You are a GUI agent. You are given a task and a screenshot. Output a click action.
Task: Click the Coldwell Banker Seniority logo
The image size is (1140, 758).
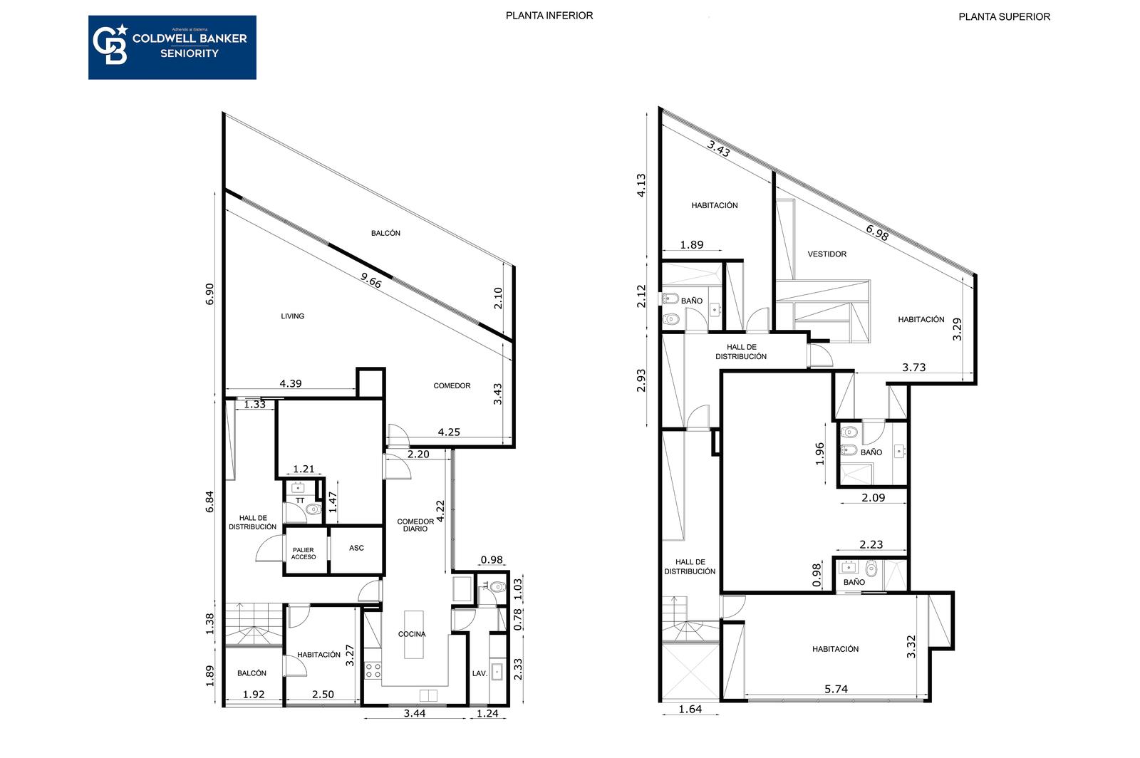172,47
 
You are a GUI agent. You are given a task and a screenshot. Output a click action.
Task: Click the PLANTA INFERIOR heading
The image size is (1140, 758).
549,16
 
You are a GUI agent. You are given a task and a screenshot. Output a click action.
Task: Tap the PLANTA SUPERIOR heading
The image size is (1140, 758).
1004,17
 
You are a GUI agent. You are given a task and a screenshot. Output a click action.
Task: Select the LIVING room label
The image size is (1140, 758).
293,316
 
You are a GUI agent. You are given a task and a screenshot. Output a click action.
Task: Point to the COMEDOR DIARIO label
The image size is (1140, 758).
415,525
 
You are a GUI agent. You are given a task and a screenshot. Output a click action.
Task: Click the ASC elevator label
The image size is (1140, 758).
356,548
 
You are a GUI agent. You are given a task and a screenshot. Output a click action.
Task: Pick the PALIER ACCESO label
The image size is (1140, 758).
304,554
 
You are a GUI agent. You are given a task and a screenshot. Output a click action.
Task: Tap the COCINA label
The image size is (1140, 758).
412,634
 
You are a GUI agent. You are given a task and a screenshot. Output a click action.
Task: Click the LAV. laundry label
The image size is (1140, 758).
480,673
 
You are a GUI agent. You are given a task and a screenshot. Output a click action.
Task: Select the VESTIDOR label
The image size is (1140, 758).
827,254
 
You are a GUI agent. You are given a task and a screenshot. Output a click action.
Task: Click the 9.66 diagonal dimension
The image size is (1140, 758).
371,280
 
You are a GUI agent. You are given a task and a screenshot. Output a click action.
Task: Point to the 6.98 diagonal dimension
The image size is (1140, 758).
877,232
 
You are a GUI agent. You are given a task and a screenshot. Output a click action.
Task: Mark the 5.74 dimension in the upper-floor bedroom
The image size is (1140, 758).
836,689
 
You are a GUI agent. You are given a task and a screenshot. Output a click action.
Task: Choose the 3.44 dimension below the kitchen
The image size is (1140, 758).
415,713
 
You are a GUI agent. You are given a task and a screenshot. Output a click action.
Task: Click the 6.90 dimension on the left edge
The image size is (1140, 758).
209,294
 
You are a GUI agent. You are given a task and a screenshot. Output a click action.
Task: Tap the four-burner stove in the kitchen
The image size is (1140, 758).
373,670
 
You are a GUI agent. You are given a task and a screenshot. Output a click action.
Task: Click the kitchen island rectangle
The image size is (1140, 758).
414,634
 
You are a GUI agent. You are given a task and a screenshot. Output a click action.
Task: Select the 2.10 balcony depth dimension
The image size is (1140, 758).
498,298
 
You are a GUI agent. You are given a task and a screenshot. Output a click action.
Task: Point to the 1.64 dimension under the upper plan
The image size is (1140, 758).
690,709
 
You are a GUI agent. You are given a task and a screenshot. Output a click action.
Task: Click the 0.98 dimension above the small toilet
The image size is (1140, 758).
492,560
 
